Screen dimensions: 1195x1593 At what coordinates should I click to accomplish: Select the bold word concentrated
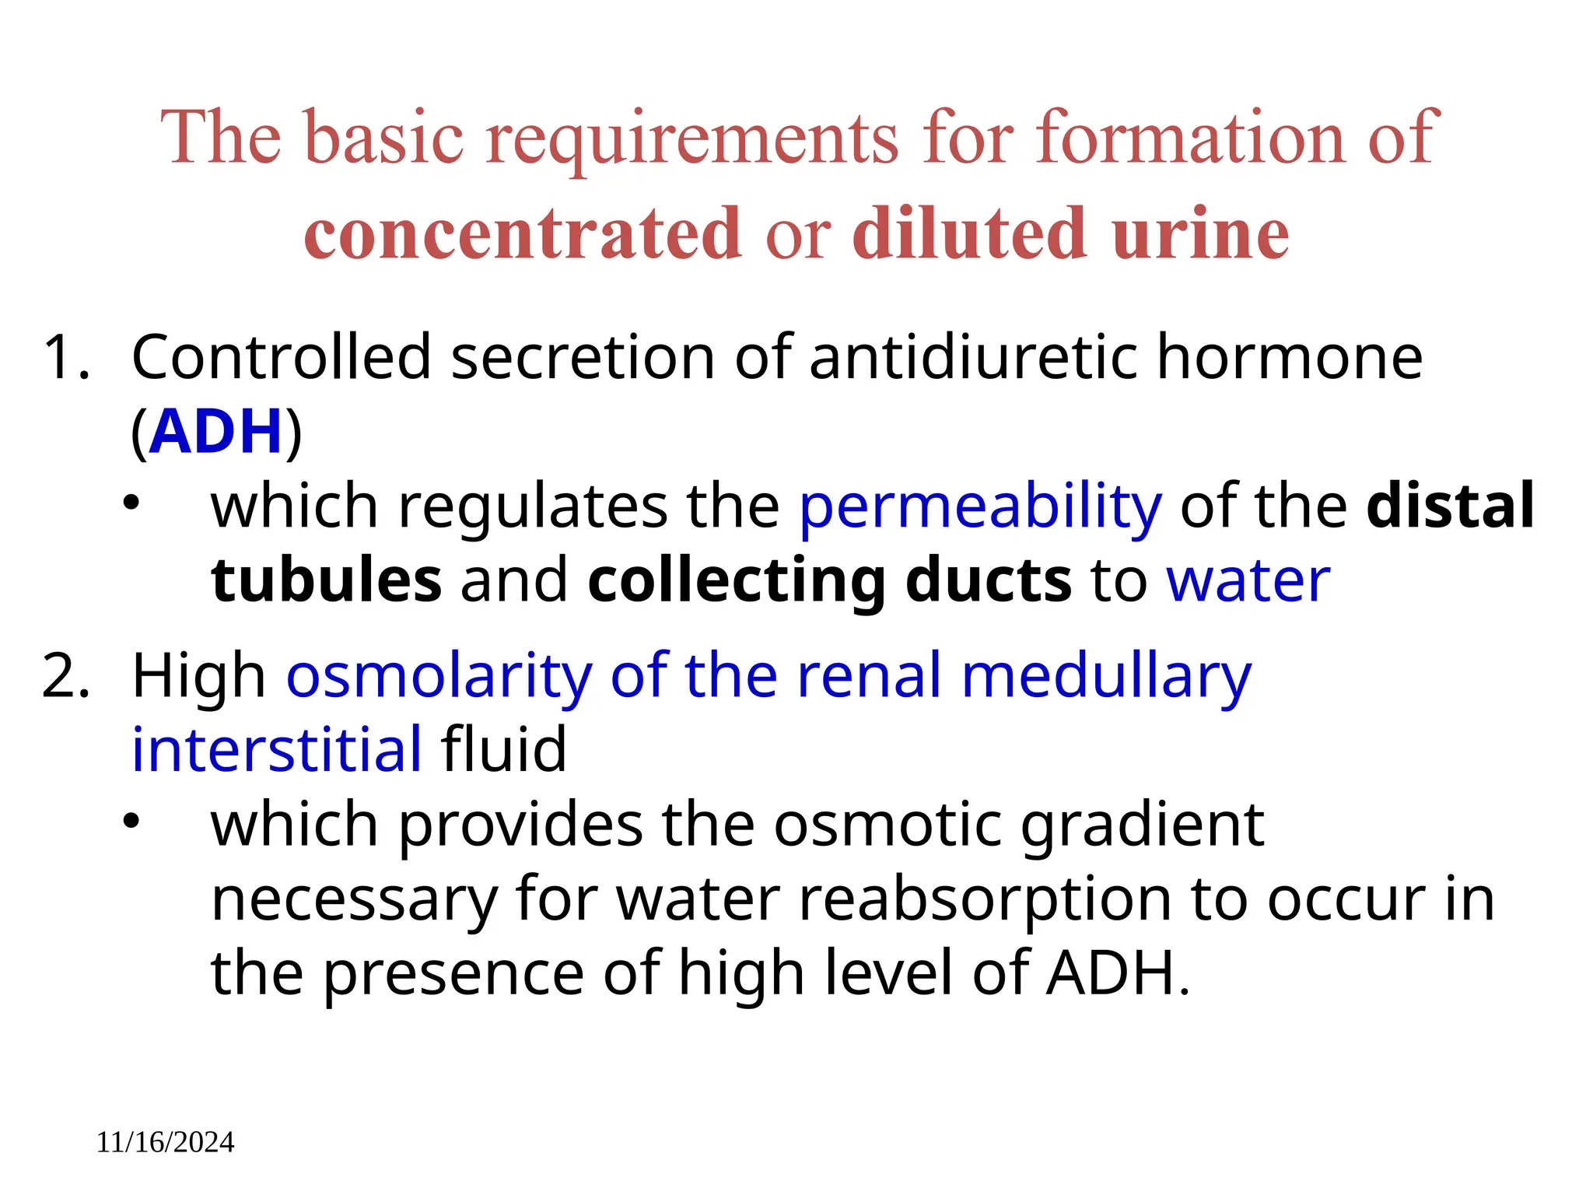(x=522, y=233)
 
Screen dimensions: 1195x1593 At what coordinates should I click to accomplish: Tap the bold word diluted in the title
(x=969, y=233)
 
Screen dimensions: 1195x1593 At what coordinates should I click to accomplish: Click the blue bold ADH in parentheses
(x=215, y=432)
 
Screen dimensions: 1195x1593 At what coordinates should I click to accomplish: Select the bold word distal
(x=1451, y=506)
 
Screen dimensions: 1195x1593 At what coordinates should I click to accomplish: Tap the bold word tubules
(x=326, y=580)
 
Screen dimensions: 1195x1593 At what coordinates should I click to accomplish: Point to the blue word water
(x=1248, y=580)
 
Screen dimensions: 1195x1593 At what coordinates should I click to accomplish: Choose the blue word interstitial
(x=277, y=749)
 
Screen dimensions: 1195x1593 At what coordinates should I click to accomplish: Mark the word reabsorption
(x=985, y=901)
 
